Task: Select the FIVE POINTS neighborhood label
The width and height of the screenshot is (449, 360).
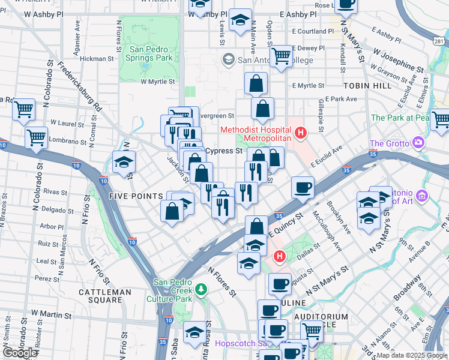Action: (x=136, y=196)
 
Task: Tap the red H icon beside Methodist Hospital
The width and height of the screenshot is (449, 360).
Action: (x=301, y=132)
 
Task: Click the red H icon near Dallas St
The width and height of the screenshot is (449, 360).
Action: (x=279, y=257)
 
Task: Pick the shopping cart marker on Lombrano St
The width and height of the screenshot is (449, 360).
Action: (x=37, y=137)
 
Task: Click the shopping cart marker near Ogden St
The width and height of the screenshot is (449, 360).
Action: (x=280, y=56)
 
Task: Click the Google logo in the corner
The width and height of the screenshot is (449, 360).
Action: (x=20, y=352)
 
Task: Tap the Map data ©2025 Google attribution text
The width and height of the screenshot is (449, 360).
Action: (x=411, y=355)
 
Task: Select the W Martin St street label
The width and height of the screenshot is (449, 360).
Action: (x=52, y=314)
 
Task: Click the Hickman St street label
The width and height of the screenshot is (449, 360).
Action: (x=97, y=59)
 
